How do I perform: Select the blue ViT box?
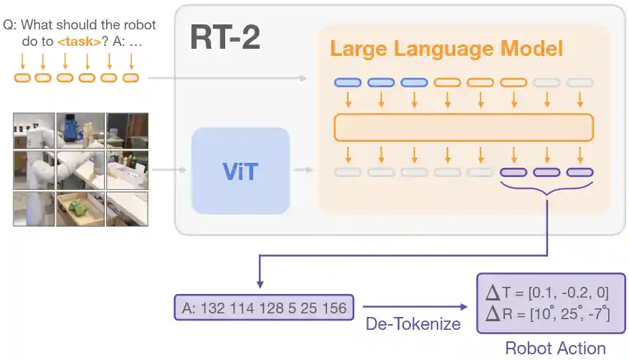click(240, 171)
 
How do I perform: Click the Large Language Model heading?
click(446, 49)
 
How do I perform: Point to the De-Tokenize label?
click(413, 323)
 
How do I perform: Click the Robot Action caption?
click(555, 348)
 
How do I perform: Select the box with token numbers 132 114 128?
click(265, 308)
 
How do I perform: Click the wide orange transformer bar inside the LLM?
click(464, 127)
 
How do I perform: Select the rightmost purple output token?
click(580, 172)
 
